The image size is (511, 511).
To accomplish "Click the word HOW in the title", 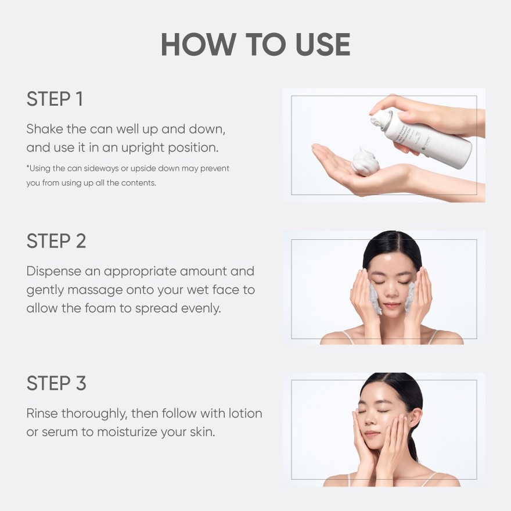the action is click(199, 44).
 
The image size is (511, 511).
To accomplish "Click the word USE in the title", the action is click(323, 44).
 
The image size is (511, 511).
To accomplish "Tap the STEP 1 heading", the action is click(55, 99).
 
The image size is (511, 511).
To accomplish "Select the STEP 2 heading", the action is click(56, 241).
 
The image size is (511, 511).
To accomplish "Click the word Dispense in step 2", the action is click(54, 272).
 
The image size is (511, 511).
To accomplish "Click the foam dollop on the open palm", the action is click(366, 162).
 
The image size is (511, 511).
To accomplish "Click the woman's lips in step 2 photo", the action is click(391, 305).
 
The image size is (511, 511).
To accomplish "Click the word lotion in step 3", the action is click(246, 413).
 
